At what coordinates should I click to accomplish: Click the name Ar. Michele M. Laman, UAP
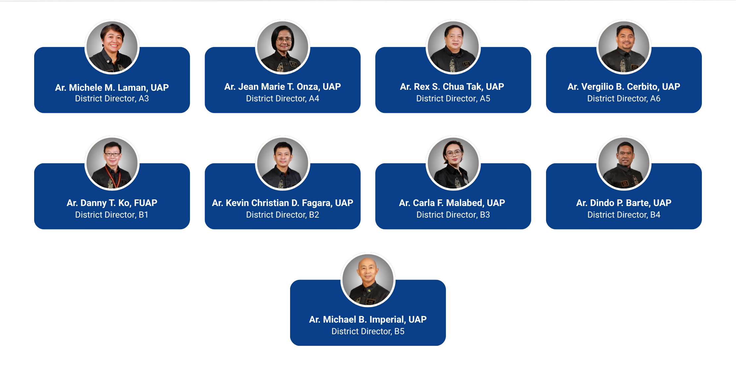112,87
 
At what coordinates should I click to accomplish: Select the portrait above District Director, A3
112,47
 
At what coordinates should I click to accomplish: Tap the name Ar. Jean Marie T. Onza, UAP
282,87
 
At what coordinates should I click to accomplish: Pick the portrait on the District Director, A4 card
283,47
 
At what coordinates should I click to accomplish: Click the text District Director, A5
453,98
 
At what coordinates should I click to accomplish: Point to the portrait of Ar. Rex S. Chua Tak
453,47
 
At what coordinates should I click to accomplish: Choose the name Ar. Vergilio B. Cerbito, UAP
624,87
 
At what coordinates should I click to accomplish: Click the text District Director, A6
624,98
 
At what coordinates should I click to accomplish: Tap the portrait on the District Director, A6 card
624,47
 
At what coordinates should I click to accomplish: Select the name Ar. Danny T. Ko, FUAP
112,203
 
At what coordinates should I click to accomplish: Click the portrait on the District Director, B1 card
112,163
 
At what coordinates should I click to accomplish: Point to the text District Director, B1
112,215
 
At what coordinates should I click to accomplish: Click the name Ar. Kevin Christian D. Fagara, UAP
282,203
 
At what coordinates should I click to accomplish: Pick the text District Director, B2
282,215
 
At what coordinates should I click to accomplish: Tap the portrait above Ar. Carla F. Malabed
453,163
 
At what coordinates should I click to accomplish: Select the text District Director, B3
453,215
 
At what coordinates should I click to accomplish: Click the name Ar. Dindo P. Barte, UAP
624,203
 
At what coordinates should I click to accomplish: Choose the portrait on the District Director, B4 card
624,163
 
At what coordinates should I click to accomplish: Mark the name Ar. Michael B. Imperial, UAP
368,319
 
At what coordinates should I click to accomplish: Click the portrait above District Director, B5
368,280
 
